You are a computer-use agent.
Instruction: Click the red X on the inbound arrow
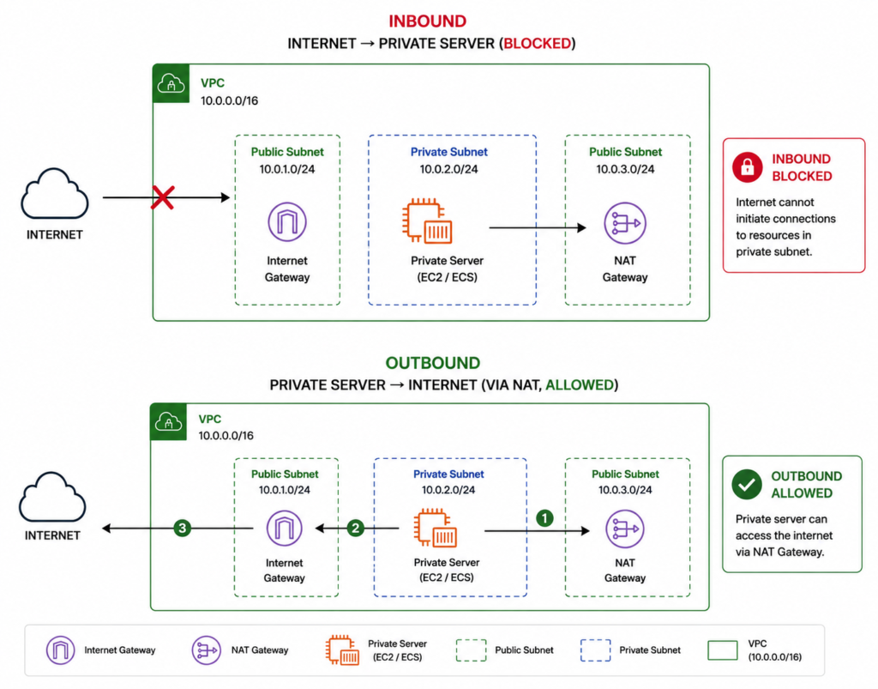163,197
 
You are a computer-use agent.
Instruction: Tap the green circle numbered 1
544,518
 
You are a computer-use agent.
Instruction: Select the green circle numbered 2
356,529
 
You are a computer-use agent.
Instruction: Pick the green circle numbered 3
182,528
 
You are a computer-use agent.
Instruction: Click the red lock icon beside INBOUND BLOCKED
748,167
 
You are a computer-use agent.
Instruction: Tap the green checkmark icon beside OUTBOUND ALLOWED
747,485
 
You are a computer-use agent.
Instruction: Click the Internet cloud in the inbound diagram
54,194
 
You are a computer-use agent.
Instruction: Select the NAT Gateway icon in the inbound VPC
625,223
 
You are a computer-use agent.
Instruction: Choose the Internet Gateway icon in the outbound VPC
285,528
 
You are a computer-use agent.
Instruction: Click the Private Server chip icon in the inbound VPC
427,221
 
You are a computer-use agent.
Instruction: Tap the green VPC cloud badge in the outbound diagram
169,422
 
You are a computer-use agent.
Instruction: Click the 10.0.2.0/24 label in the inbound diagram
448,169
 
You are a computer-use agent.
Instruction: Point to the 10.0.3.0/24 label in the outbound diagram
625,490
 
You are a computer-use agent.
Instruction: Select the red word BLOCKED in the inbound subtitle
537,44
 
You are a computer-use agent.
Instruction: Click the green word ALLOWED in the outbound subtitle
580,385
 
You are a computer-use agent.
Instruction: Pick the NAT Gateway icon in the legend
206,650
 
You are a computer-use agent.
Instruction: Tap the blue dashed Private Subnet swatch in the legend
595,650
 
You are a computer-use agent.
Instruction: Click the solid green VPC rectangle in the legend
722,650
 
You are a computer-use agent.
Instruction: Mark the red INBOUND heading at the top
428,21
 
